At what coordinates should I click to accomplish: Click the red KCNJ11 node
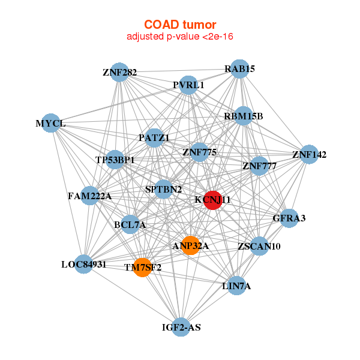[212, 200]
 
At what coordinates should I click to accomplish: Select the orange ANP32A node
[190, 245]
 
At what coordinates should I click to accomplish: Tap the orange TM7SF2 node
[142, 267]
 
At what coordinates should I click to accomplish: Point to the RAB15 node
[240, 68]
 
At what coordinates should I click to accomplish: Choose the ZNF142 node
[309, 154]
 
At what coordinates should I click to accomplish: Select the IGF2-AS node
[181, 327]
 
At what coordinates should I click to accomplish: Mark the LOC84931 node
[84, 264]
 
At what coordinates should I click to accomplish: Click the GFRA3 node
[289, 218]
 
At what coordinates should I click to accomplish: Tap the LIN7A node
[236, 286]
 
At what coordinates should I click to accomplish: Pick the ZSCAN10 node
[259, 246]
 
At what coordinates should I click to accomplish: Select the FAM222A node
[89, 196]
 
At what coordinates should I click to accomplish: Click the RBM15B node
[243, 116]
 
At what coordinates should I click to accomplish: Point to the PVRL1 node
[188, 85]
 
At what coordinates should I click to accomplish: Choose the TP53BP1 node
[115, 160]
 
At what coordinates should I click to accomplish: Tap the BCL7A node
[130, 224]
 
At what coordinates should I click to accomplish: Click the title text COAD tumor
[179, 25]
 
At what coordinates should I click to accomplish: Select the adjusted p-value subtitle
[179, 37]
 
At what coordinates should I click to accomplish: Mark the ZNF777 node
[259, 165]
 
